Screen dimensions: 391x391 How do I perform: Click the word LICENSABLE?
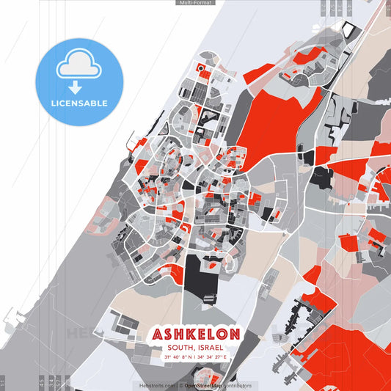coord(79,103)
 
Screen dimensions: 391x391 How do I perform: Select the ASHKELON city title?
coord(196,335)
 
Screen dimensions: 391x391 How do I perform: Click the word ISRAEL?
coord(211,347)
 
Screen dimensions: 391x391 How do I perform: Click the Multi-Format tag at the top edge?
coord(195,3)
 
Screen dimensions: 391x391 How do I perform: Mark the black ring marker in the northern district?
coord(200,68)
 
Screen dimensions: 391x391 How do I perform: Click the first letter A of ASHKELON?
coord(158,335)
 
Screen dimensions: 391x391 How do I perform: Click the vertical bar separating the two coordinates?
coord(196,357)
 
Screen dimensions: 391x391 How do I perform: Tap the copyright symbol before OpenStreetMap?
coord(180,385)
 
